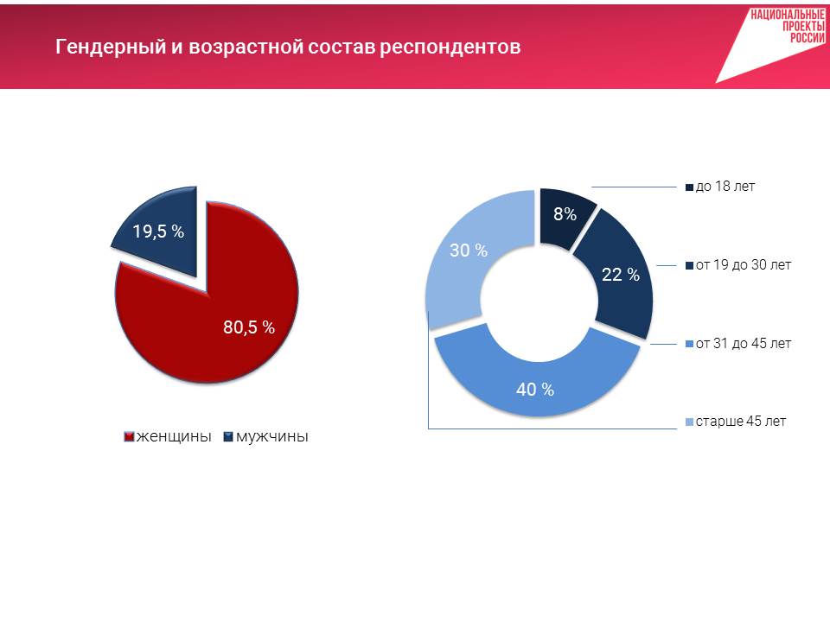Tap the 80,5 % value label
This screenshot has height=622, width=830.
249,327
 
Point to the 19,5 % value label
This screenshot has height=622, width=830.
158,232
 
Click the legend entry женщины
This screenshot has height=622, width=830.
167,436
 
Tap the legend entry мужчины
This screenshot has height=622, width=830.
265,436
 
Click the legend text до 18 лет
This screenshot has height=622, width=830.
725,187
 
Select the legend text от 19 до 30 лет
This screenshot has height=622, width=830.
744,264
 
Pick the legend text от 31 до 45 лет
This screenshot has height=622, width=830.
744,343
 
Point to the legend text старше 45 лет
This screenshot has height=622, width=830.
741,421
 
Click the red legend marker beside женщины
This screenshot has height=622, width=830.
129,437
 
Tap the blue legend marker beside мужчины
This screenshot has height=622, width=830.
228,437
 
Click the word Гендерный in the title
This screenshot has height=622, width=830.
111,47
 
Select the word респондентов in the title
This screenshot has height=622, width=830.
450,48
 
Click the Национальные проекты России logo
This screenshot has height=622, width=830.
773,46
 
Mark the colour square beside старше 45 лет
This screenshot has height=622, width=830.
689,422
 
